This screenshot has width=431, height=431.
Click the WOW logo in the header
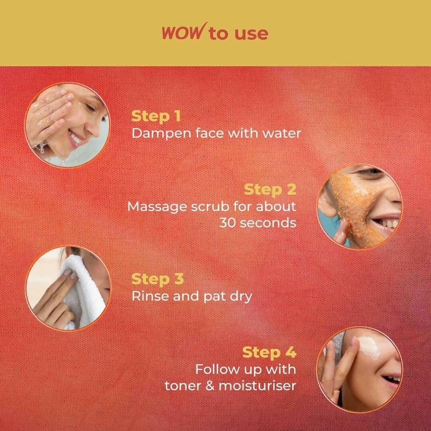click(183, 33)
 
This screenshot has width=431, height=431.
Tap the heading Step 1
click(156, 116)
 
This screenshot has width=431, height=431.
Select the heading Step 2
click(270, 189)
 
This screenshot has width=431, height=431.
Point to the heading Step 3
click(157, 279)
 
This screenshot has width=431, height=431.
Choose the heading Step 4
click(269, 352)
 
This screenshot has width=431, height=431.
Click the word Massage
click(153, 206)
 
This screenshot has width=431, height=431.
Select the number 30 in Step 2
click(228, 223)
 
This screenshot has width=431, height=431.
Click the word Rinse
click(148, 296)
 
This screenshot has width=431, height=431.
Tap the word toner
click(183, 386)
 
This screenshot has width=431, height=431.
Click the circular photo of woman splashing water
click(67, 124)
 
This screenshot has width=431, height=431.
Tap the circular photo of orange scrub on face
click(359, 206)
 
